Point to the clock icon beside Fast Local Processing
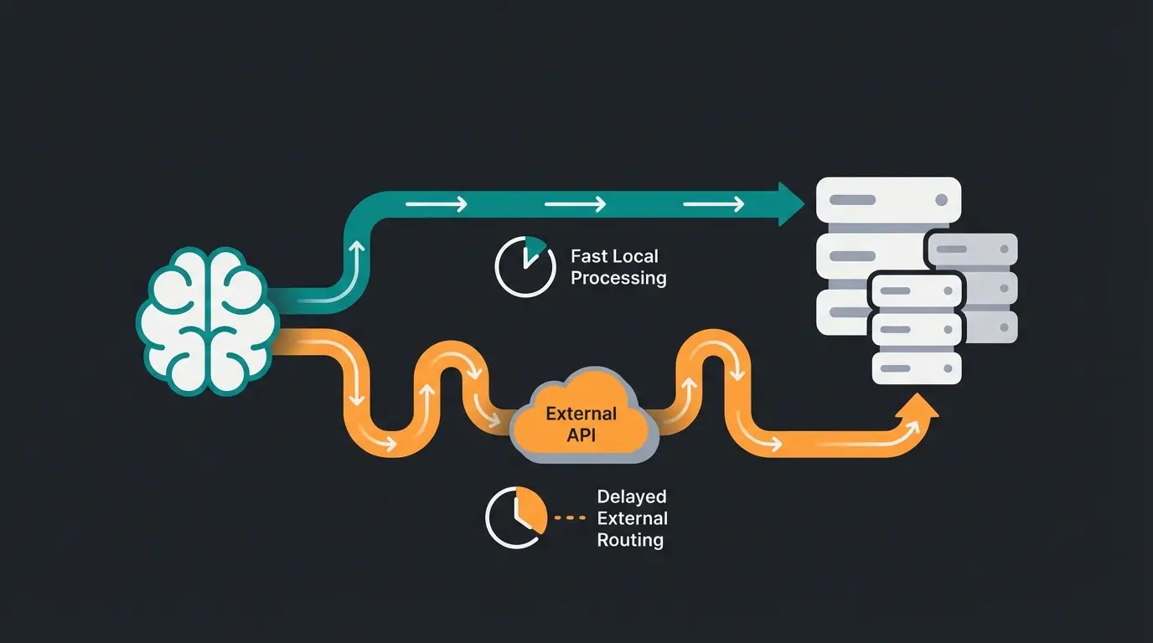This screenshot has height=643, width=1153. [525, 266]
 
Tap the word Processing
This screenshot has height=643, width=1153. [618, 278]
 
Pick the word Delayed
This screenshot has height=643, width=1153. [632, 497]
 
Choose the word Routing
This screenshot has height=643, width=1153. [630, 540]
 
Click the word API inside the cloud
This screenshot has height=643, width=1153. [583, 435]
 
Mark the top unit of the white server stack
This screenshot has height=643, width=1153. [887, 200]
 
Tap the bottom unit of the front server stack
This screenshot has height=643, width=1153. [916, 368]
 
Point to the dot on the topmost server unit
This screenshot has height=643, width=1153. [941, 200]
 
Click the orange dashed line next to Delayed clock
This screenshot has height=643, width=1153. [571, 518]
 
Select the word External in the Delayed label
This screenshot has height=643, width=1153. [632, 519]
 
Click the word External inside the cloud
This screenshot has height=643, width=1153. [581, 414]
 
